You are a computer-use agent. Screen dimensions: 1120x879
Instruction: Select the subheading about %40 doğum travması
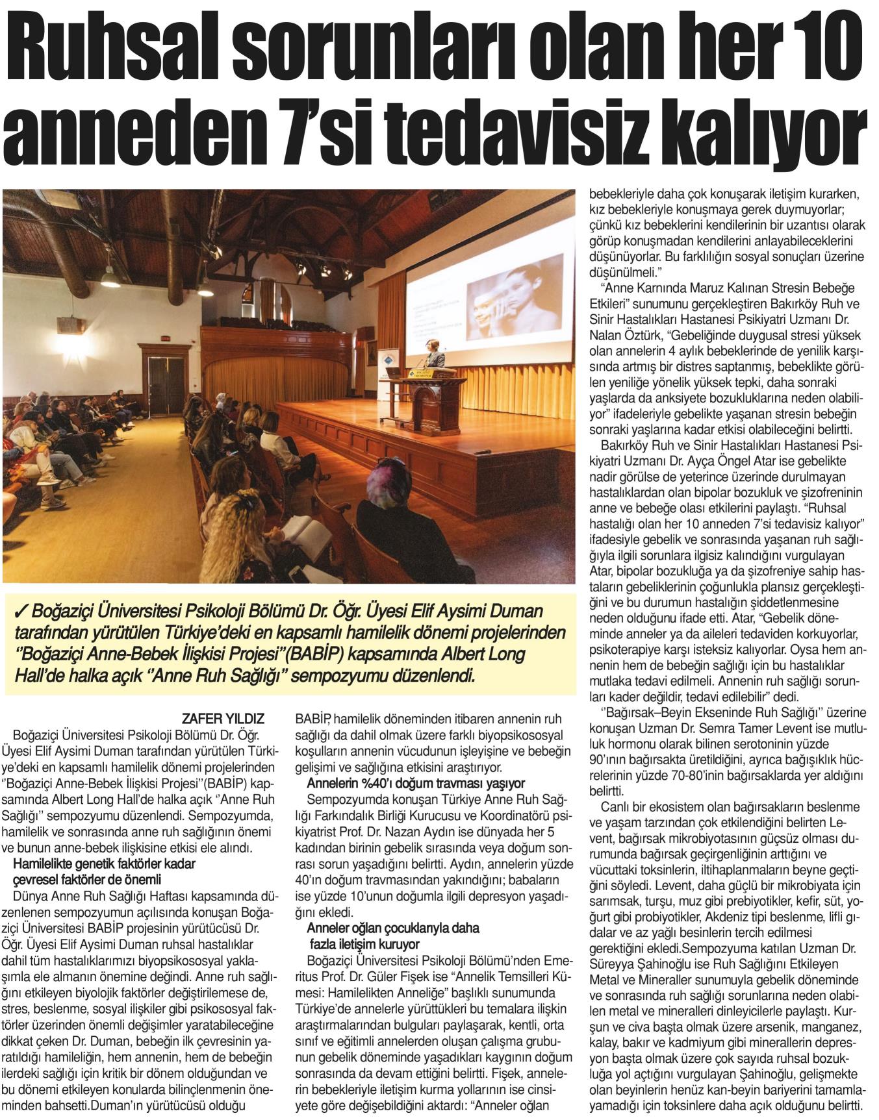416,783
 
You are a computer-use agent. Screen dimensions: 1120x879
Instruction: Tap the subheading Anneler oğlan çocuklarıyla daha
392,928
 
